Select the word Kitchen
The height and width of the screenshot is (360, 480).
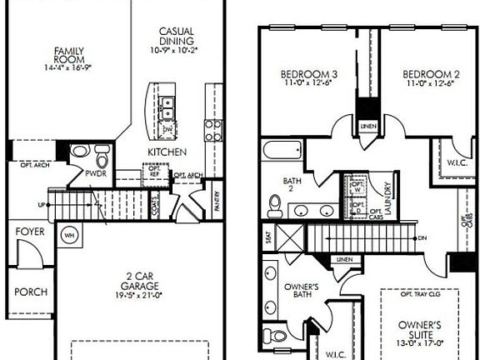167,152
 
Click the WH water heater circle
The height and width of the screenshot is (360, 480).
69,234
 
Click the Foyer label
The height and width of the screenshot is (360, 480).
30,232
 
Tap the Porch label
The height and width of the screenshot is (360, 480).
31,292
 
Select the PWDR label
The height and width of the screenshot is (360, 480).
94,174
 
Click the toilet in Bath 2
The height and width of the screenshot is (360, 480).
276,202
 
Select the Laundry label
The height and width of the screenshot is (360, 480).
387,201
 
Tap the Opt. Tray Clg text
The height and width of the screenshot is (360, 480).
419,293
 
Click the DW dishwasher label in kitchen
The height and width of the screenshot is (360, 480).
168,129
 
